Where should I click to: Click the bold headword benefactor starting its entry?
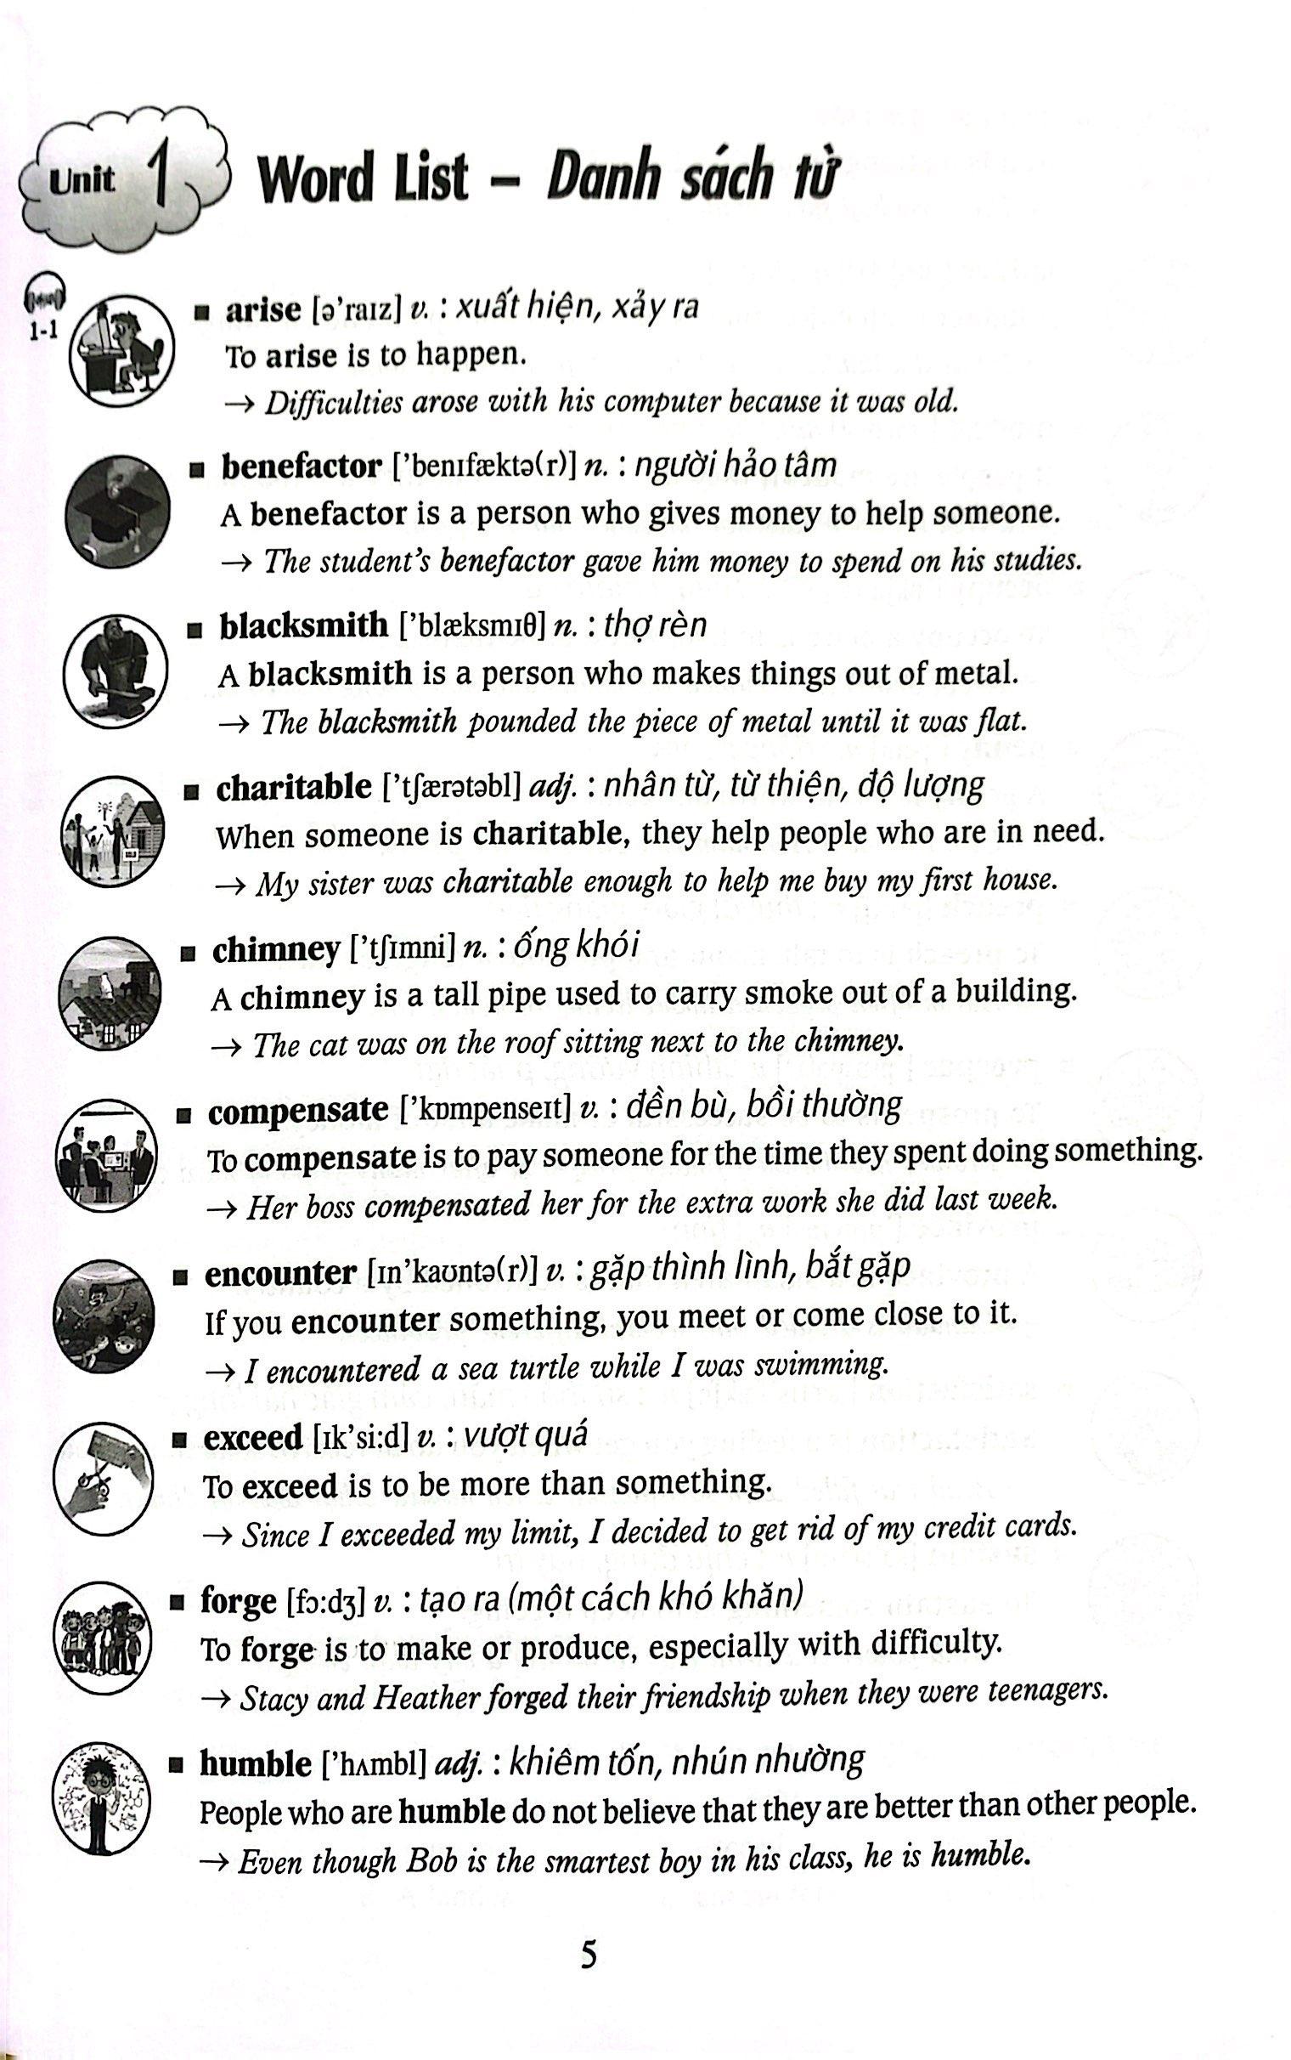(301, 467)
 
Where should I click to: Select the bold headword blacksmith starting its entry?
(303, 625)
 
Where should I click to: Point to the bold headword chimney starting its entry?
(276, 949)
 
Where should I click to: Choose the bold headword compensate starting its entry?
(298, 1110)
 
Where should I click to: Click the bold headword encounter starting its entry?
(280, 1272)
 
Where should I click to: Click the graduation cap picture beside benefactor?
(117, 511)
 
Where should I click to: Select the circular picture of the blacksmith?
(116, 671)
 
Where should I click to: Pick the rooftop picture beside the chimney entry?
(110, 993)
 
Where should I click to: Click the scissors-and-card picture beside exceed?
(104, 1479)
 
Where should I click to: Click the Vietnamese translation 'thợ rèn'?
(655, 625)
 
